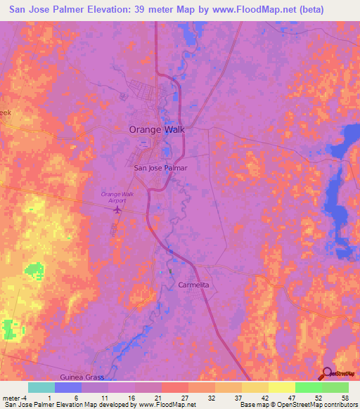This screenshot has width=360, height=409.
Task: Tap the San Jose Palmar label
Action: point(161,169)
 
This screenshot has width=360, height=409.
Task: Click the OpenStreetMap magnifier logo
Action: point(327,373)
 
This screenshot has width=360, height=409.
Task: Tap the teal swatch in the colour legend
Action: point(41,387)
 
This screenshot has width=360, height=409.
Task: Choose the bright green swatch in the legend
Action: point(308,387)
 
